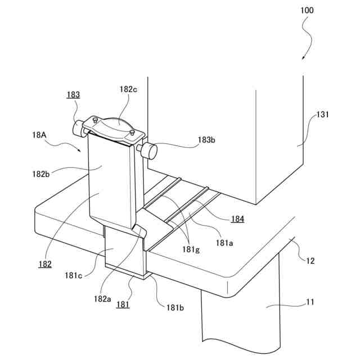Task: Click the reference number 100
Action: pyautogui.click(x=307, y=10)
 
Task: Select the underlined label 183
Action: pyautogui.click(x=73, y=94)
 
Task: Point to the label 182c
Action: pyautogui.click(x=127, y=88)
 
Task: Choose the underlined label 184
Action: pyautogui.click(x=237, y=219)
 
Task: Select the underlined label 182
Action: pyautogui.click(x=46, y=264)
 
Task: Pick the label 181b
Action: pyautogui.click(x=173, y=308)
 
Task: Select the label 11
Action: pyautogui.click(x=310, y=303)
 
